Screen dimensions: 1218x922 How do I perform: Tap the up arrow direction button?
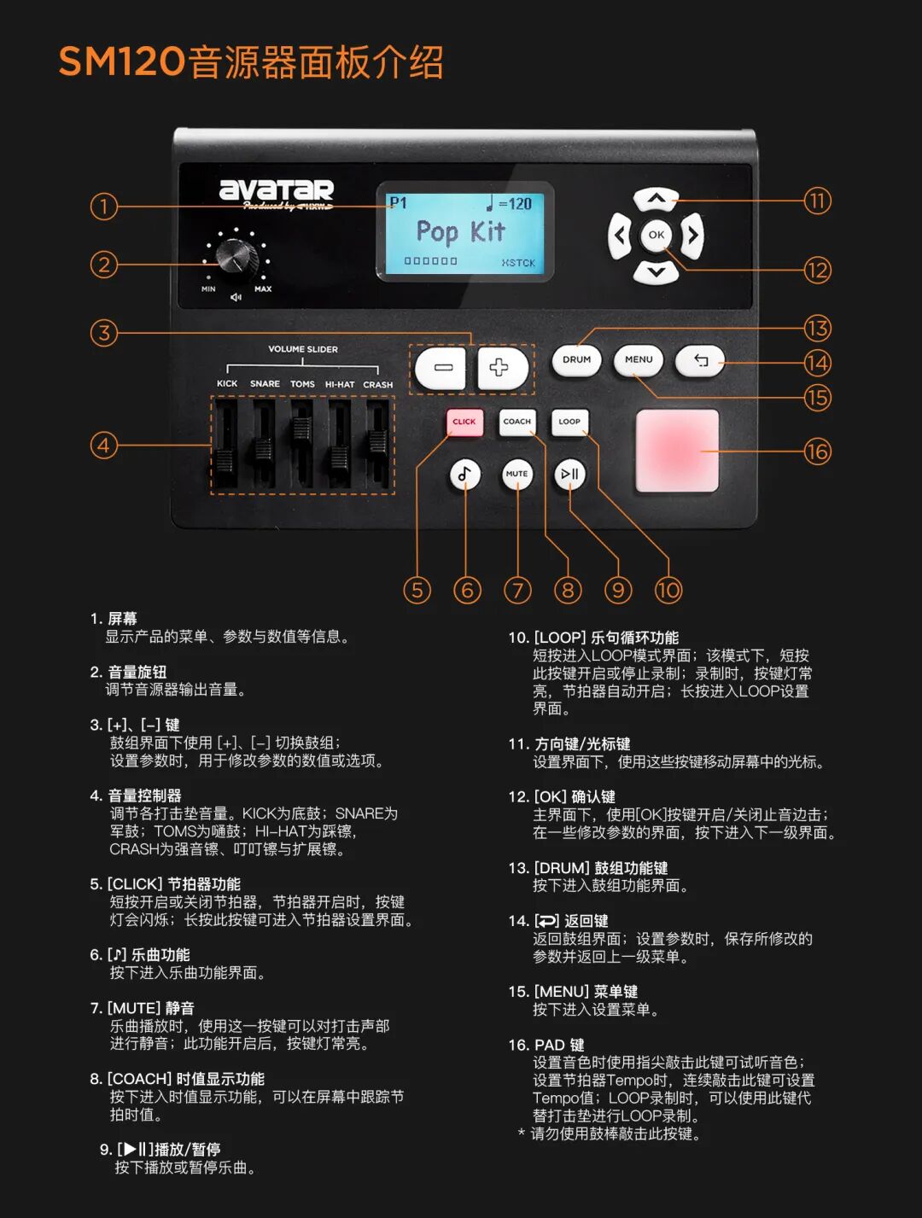(656, 200)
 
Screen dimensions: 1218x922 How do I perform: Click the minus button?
(441, 368)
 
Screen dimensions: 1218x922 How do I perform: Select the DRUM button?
(576, 360)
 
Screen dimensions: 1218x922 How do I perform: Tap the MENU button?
(639, 360)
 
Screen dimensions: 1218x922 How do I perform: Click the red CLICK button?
(464, 422)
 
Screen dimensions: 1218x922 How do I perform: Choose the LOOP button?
(569, 422)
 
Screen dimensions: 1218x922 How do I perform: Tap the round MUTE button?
(516, 475)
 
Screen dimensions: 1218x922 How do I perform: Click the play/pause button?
(569, 475)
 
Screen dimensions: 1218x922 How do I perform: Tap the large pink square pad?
(677, 451)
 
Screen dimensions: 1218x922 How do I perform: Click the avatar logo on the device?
(277, 191)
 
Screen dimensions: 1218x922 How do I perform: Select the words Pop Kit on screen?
(461, 231)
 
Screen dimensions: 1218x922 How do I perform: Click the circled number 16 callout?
(817, 451)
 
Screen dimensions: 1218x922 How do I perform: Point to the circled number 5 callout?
(417, 590)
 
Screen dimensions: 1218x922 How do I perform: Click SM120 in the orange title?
(121, 62)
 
